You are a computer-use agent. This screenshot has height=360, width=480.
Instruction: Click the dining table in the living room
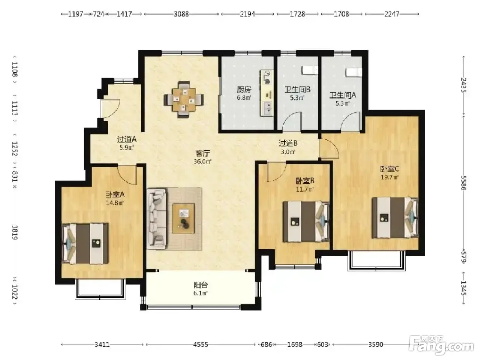click(184, 100)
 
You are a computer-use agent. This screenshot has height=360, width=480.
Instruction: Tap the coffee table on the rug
click(183, 218)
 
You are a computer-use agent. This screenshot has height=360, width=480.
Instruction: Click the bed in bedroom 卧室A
click(85, 243)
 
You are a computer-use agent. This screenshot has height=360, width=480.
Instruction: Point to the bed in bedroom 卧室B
click(306, 221)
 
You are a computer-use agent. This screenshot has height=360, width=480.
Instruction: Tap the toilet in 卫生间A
click(353, 72)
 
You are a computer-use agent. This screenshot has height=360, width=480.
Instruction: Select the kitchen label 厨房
click(244, 89)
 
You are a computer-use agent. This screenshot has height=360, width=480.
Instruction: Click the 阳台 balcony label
click(201, 285)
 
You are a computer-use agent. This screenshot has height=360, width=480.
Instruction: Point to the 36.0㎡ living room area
click(202, 162)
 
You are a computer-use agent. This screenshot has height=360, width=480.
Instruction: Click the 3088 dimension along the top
click(181, 14)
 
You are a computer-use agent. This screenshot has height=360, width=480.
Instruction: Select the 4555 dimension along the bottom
click(201, 345)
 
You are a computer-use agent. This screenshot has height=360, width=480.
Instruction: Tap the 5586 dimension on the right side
click(463, 183)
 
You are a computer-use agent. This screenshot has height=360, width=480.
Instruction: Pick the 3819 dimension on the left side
click(15, 232)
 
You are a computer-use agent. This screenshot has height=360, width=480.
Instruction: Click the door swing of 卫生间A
click(350, 121)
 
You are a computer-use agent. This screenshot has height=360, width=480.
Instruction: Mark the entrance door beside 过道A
click(111, 108)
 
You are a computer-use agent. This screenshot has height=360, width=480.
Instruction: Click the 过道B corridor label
click(288, 143)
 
